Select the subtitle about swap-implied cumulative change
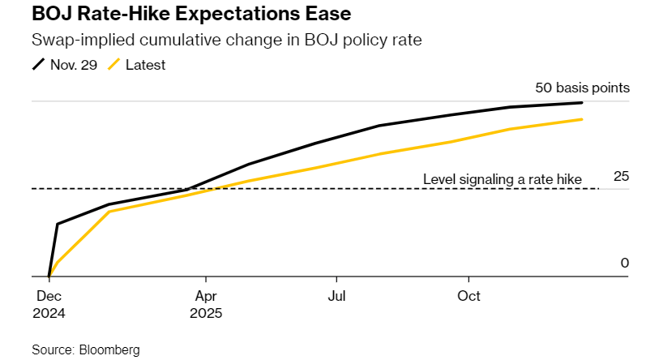178,40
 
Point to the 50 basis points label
582,88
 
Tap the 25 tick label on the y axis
622,176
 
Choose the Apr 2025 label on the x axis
206,303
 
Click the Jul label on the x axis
336,296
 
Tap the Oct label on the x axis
469,296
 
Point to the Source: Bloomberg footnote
86,349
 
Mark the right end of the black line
582,102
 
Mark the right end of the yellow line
582,119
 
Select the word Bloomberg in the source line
109,349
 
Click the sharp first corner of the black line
57,224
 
